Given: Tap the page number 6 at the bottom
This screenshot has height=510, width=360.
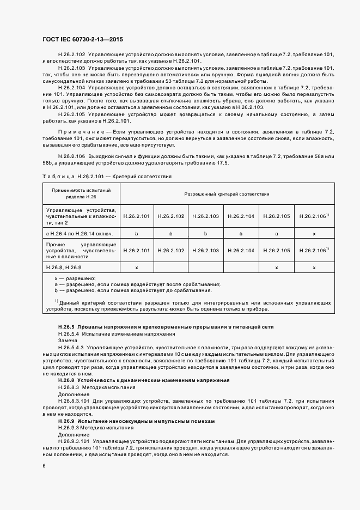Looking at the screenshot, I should tap(44, 465).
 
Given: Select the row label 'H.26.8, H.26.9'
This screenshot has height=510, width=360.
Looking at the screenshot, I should tap(64, 268).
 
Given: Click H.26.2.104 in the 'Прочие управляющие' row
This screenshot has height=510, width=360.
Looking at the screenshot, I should tap(241, 250).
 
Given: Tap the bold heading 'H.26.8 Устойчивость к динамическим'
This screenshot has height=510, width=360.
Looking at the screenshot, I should tap(143, 380).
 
